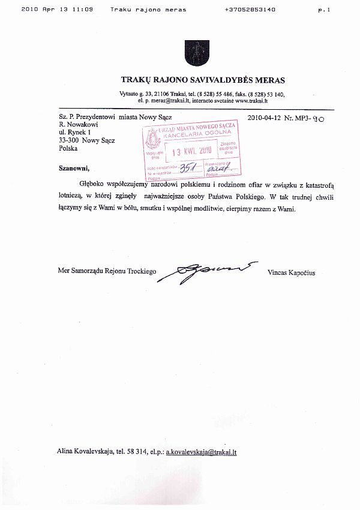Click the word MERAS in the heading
(268, 80)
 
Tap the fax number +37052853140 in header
(250, 10)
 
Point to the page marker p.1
(325, 10)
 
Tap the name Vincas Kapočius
(292, 272)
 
